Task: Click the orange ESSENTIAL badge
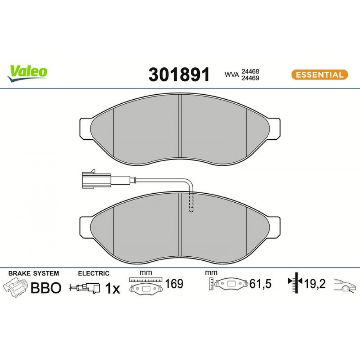[319, 75]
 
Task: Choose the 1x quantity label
[112, 289]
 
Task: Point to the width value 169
[174, 284]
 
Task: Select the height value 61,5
[260, 284]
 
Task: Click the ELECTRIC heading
[94, 274]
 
